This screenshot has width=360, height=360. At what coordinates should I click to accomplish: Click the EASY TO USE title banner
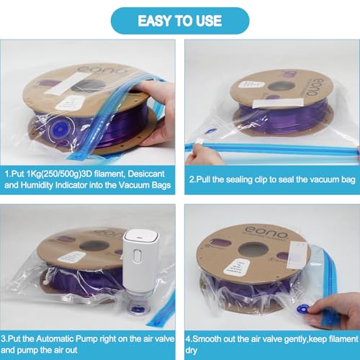(179, 22)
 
